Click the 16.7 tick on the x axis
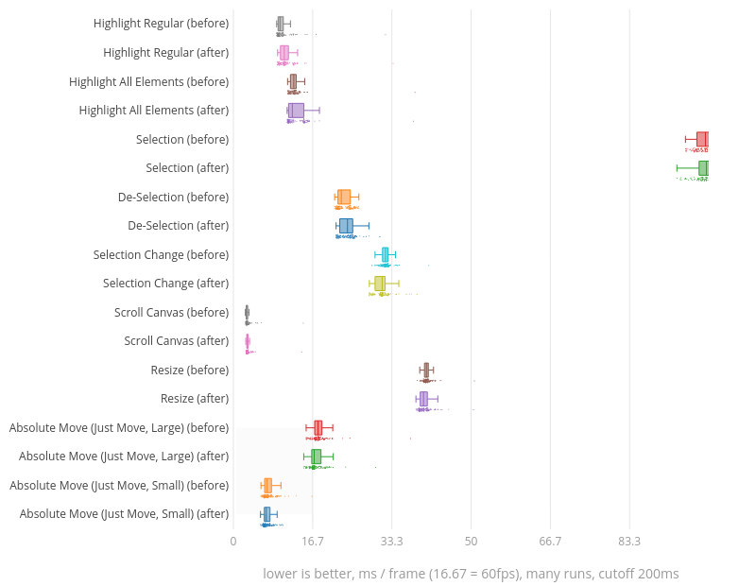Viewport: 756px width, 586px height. pyautogui.click(x=313, y=542)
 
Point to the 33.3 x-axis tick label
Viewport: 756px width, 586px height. pyautogui.click(x=392, y=542)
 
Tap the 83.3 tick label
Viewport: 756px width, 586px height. pyautogui.click(x=629, y=542)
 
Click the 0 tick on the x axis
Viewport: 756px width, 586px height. pyautogui.click(x=233, y=542)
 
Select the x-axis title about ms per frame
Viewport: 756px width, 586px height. pyautogui.click(x=471, y=574)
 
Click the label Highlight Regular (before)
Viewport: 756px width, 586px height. pyautogui.click(x=161, y=24)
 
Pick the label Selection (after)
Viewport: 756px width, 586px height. pyautogui.click(x=187, y=168)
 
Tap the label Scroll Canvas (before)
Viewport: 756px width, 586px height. pyautogui.click(x=171, y=313)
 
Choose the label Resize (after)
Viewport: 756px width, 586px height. pyautogui.click(x=195, y=399)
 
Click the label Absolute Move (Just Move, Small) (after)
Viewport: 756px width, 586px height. pyautogui.click(x=124, y=514)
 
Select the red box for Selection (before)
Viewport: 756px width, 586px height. pyautogui.click(x=702, y=139)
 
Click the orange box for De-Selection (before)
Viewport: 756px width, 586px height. pyautogui.click(x=344, y=197)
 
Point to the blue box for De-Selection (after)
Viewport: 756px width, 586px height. pyautogui.click(x=346, y=226)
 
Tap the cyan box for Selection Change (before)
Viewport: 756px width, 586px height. pyautogui.click(x=385, y=254)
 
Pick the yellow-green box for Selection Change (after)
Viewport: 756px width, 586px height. pyautogui.click(x=380, y=284)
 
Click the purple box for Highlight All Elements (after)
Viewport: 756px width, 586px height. pyautogui.click(x=296, y=111)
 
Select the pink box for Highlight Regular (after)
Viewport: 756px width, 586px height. pyautogui.click(x=283, y=53)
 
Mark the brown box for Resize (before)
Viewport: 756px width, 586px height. pyautogui.click(x=426, y=370)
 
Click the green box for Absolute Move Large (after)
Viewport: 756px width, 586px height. pyautogui.click(x=317, y=457)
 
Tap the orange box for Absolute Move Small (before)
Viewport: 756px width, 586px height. pyautogui.click(x=267, y=485)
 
